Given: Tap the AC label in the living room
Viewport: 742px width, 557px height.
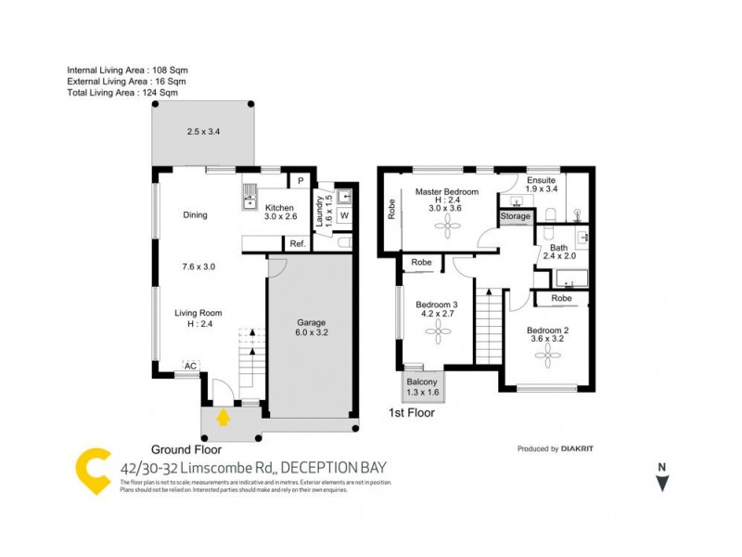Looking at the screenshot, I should (x=189, y=366).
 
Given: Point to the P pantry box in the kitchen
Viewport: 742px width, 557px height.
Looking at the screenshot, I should (x=301, y=181).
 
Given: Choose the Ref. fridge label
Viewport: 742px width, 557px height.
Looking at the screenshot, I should (x=298, y=243).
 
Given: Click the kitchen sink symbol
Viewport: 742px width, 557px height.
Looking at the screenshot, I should (x=249, y=195).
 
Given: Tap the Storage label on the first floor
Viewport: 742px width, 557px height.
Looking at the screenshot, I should (x=516, y=216).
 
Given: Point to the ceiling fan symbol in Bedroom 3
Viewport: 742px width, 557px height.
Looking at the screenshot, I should (x=436, y=327).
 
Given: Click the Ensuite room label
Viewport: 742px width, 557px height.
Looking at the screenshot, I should (x=541, y=180).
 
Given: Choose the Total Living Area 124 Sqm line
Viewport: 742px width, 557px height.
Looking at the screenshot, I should (x=122, y=92).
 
